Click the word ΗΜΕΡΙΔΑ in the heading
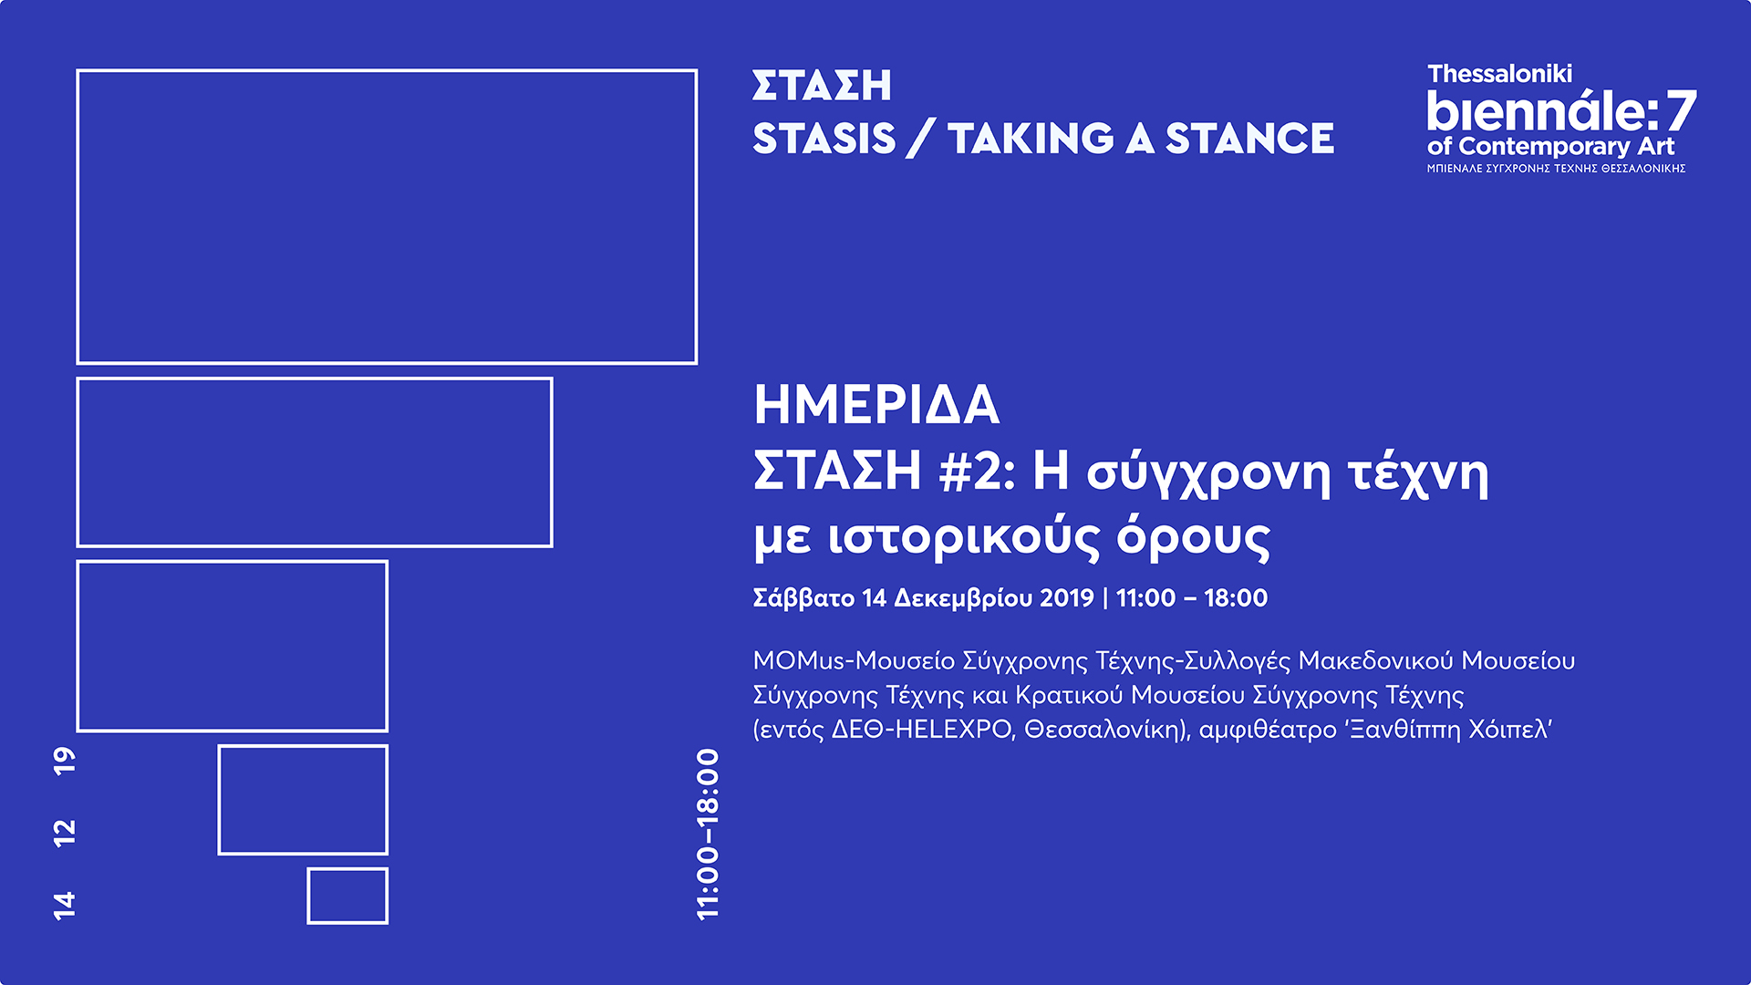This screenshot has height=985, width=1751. coord(876,405)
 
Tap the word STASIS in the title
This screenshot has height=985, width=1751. coord(824,140)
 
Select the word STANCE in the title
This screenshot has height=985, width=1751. coord(1249,140)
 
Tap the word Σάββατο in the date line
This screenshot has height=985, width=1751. coord(803,598)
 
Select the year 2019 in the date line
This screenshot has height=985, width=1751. coord(1066,598)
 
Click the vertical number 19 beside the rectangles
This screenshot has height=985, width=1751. coord(65,761)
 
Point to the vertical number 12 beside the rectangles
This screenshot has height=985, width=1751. coord(65,833)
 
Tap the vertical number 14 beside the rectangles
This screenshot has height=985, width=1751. coord(65,905)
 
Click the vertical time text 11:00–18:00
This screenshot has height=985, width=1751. coord(708,835)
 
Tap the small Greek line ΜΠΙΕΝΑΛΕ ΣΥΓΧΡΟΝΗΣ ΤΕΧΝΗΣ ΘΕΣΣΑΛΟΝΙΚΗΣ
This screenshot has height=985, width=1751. coord(1556,169)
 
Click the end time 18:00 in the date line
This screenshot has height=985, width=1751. coord(1236,598)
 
